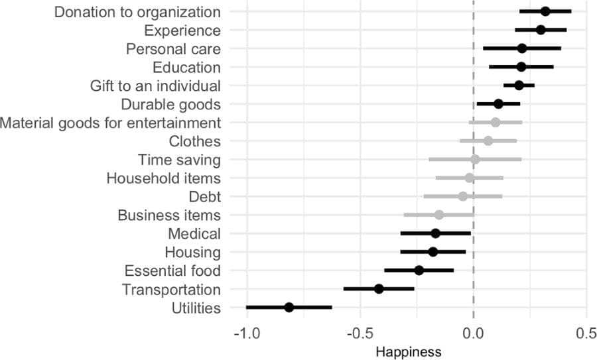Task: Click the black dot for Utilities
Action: (x=289, y=308)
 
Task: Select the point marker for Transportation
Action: (x=379, y=289)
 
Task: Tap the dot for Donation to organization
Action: (x=545, y=11)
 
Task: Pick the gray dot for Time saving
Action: (x=475, y=159)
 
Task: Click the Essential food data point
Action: (x=419, y=270)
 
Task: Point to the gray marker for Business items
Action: (x=439, y=215)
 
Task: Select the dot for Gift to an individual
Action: (x=519, y=86)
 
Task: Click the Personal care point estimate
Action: (x=522, y=48)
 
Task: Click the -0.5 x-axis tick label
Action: (x=358, y=331)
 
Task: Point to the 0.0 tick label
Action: (x=474, y=331)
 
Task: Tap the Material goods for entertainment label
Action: (x=111, y=123)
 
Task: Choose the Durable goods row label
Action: (x=170, y=104)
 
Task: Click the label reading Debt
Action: (x=204, y=197)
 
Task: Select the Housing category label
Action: (x=192, y=253)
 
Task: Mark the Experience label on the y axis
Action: (x=182, y=30)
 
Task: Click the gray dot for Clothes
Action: (x=488, y=141)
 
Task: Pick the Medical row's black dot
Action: (x=435, y=233)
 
